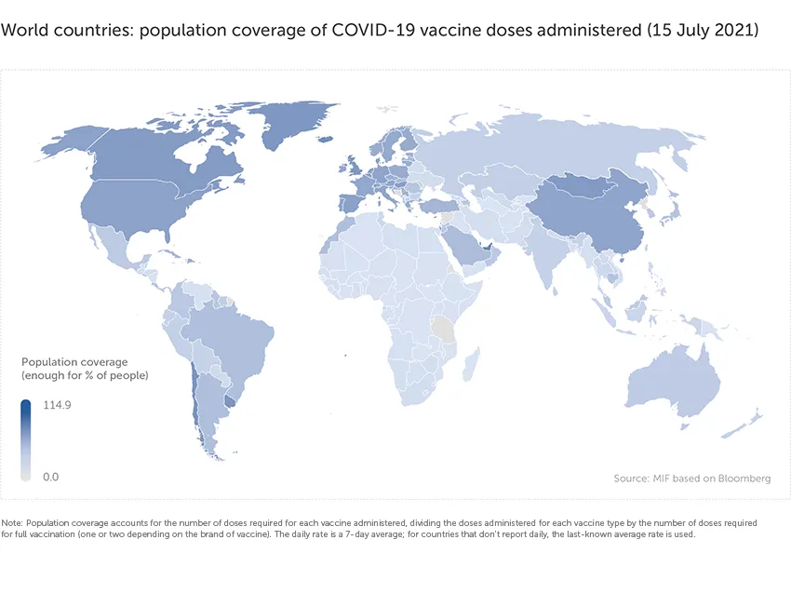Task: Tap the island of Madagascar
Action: coord(472,359)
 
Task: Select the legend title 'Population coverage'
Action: coord(74,362)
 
